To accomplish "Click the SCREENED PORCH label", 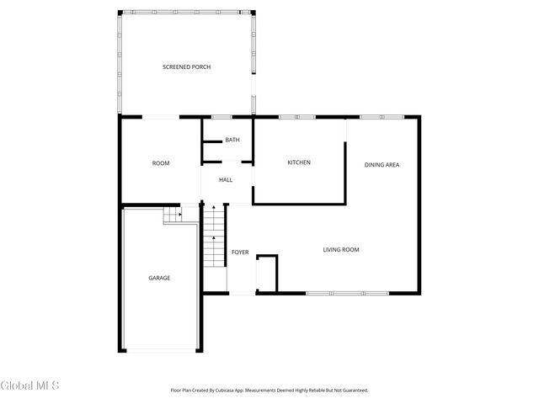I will [186, 66].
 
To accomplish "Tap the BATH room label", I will [232, 140].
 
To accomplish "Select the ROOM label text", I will [161, 163].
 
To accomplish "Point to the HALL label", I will [226, 180].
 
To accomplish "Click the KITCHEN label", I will [299, 162].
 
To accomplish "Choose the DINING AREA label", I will [382, 165].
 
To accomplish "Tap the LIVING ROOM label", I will [342, 249].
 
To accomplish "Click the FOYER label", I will [240, 252].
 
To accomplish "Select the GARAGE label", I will [160, 278].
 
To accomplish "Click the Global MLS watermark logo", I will [30, 385].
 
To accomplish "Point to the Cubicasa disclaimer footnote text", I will [269, 391].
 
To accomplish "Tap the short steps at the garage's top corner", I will [173, 215].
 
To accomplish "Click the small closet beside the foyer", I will [267, 274].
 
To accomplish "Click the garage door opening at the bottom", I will [160, 350].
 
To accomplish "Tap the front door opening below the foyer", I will [241, 293].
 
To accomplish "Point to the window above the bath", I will [221, 116].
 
